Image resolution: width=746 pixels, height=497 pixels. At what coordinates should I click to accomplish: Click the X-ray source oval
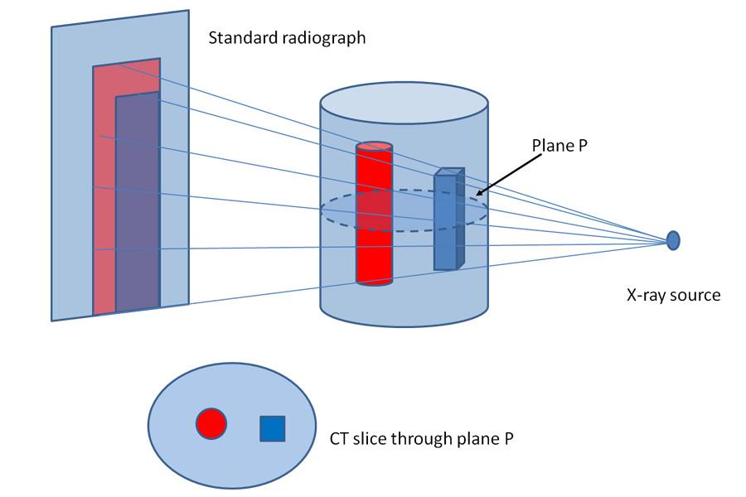click(673, 240)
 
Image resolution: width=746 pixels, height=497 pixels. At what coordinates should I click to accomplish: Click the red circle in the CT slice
click(211, 423)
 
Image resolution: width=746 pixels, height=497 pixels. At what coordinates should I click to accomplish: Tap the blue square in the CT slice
click(273, 428)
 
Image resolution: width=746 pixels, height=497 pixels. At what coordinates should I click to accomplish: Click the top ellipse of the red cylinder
click(374, 147)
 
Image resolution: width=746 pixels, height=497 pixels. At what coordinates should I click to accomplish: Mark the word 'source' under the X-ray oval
click(694, 295)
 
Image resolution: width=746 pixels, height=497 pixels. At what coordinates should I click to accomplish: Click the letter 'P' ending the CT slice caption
click(508, 438)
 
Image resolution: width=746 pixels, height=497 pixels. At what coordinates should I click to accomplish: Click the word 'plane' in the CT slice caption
click(477, 438)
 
